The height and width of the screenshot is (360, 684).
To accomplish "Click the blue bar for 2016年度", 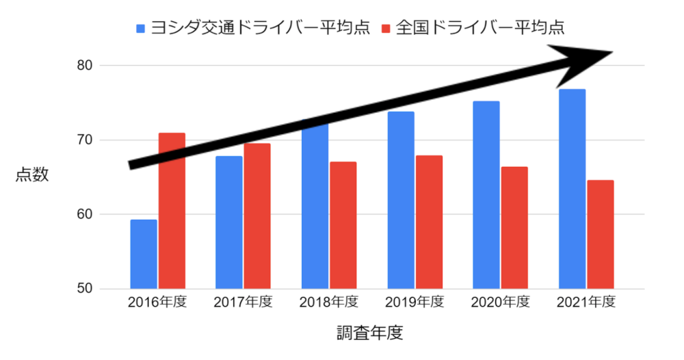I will (144, 254).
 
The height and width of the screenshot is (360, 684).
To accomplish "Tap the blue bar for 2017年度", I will (229, 222).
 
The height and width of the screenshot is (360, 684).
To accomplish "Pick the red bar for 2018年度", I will (343, 225).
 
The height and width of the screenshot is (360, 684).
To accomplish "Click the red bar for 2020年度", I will (514, 228).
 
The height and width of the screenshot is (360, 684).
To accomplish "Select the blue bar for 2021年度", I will (572, 189).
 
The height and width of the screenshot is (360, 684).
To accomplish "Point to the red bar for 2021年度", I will (600, 234).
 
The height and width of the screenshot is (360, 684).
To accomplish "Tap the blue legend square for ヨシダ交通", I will (141, 28).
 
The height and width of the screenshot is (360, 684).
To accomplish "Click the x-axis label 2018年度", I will (329, 303).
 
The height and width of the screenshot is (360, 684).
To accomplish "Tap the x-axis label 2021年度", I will (586, 303).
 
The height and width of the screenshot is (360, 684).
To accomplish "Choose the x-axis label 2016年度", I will (157, 303).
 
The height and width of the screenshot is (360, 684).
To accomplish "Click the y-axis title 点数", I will (32, 175).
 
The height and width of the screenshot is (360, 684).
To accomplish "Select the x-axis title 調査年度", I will (370, 333).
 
